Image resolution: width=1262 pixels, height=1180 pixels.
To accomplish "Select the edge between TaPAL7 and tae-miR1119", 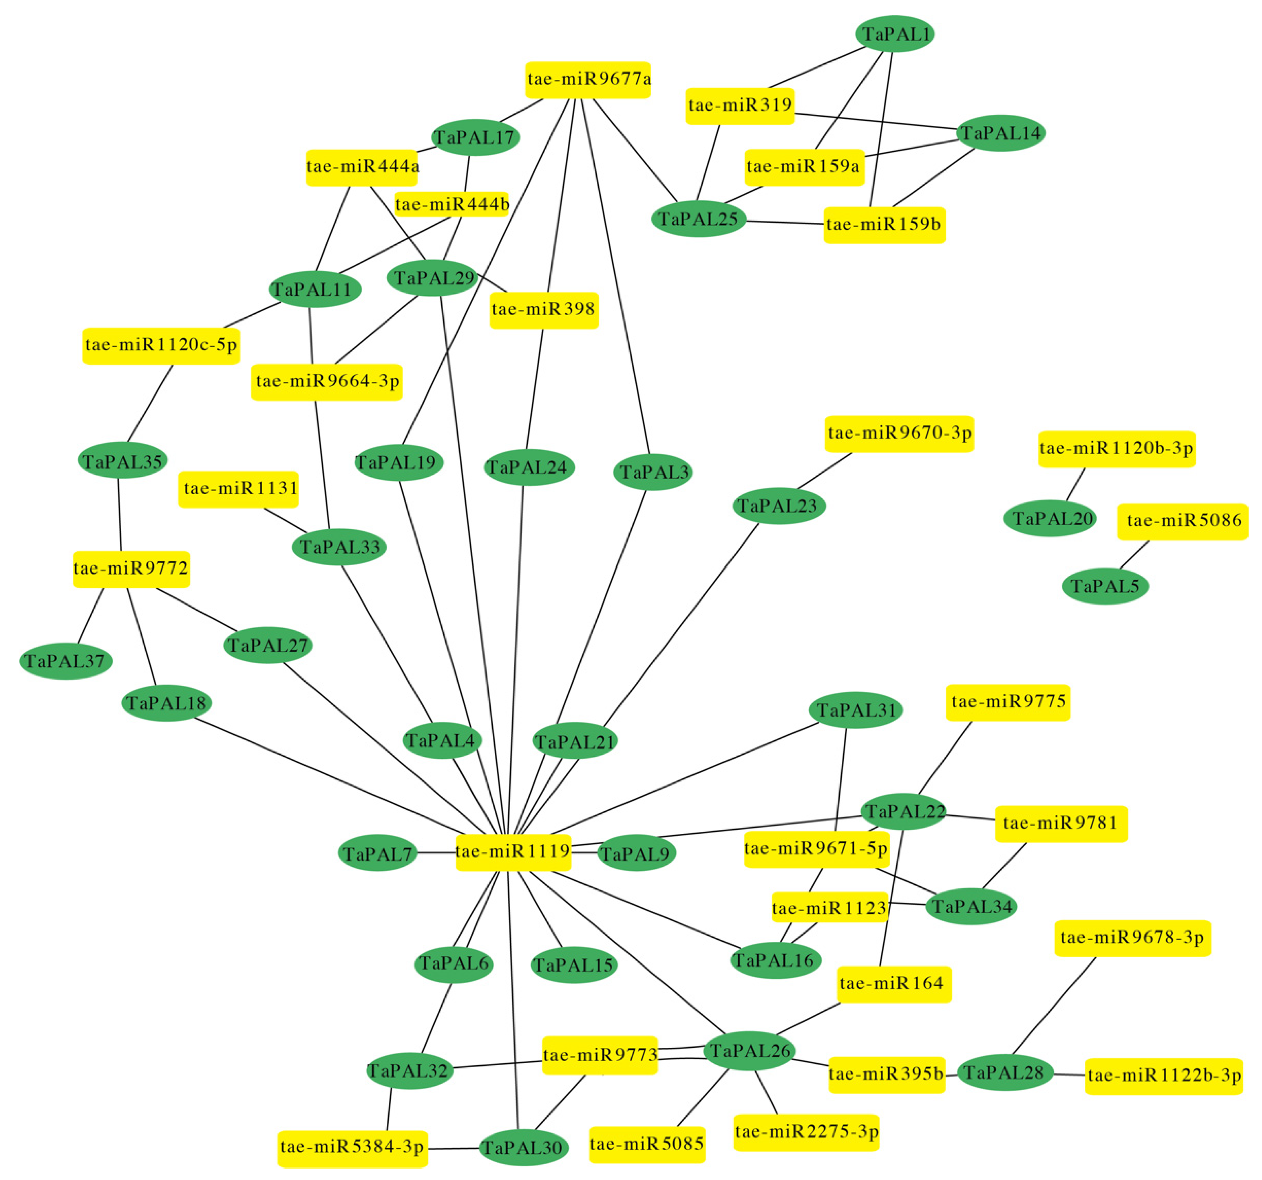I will coord(436,853).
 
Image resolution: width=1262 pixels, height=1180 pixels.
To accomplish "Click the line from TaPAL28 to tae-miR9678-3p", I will coord(1054,1006).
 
